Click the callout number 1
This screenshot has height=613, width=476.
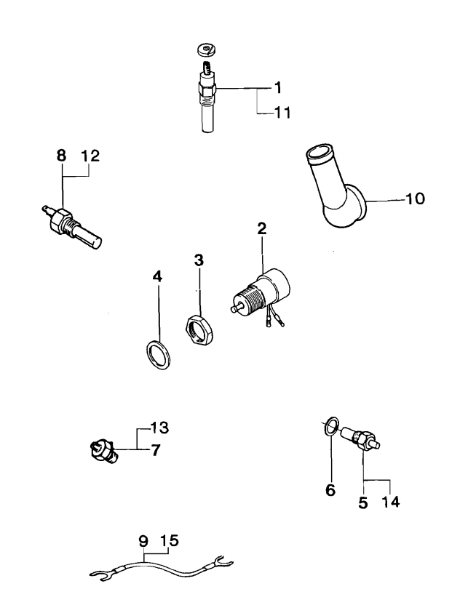(x=277, y=88)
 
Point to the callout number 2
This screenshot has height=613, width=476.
(x=261, y=228)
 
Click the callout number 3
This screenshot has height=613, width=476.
(x=199, y=260)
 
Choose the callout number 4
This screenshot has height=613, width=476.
(x=157, y=276)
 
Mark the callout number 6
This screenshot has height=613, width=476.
(x=330, y=492)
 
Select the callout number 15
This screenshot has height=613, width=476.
(x=169, y=540)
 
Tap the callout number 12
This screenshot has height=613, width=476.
(x=91, y=155)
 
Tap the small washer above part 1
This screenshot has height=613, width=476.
(x=207, y=50)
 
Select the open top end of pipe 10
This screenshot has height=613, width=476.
(x=317, y=153)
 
